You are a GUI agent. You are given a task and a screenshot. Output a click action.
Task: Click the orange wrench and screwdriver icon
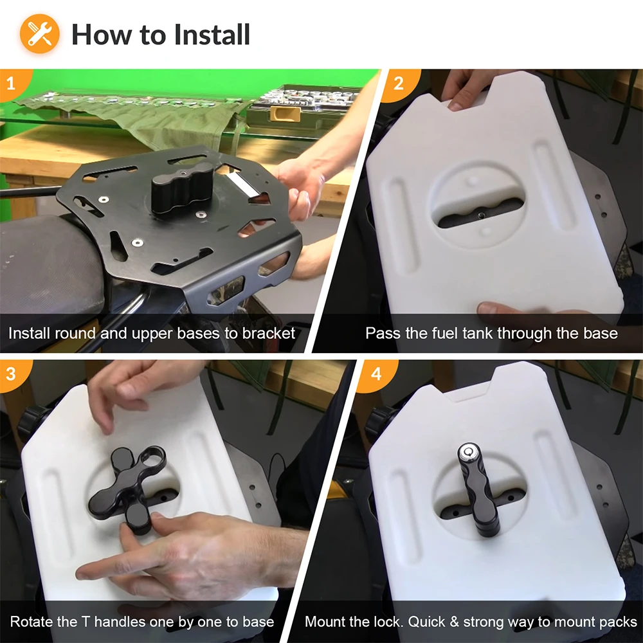40,33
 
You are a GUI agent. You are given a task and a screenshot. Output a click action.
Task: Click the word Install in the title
212,35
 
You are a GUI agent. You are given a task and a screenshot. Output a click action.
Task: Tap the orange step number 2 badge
400,84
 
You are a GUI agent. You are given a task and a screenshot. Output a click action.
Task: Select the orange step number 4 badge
376,374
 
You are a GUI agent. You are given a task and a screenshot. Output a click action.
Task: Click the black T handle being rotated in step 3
128,487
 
